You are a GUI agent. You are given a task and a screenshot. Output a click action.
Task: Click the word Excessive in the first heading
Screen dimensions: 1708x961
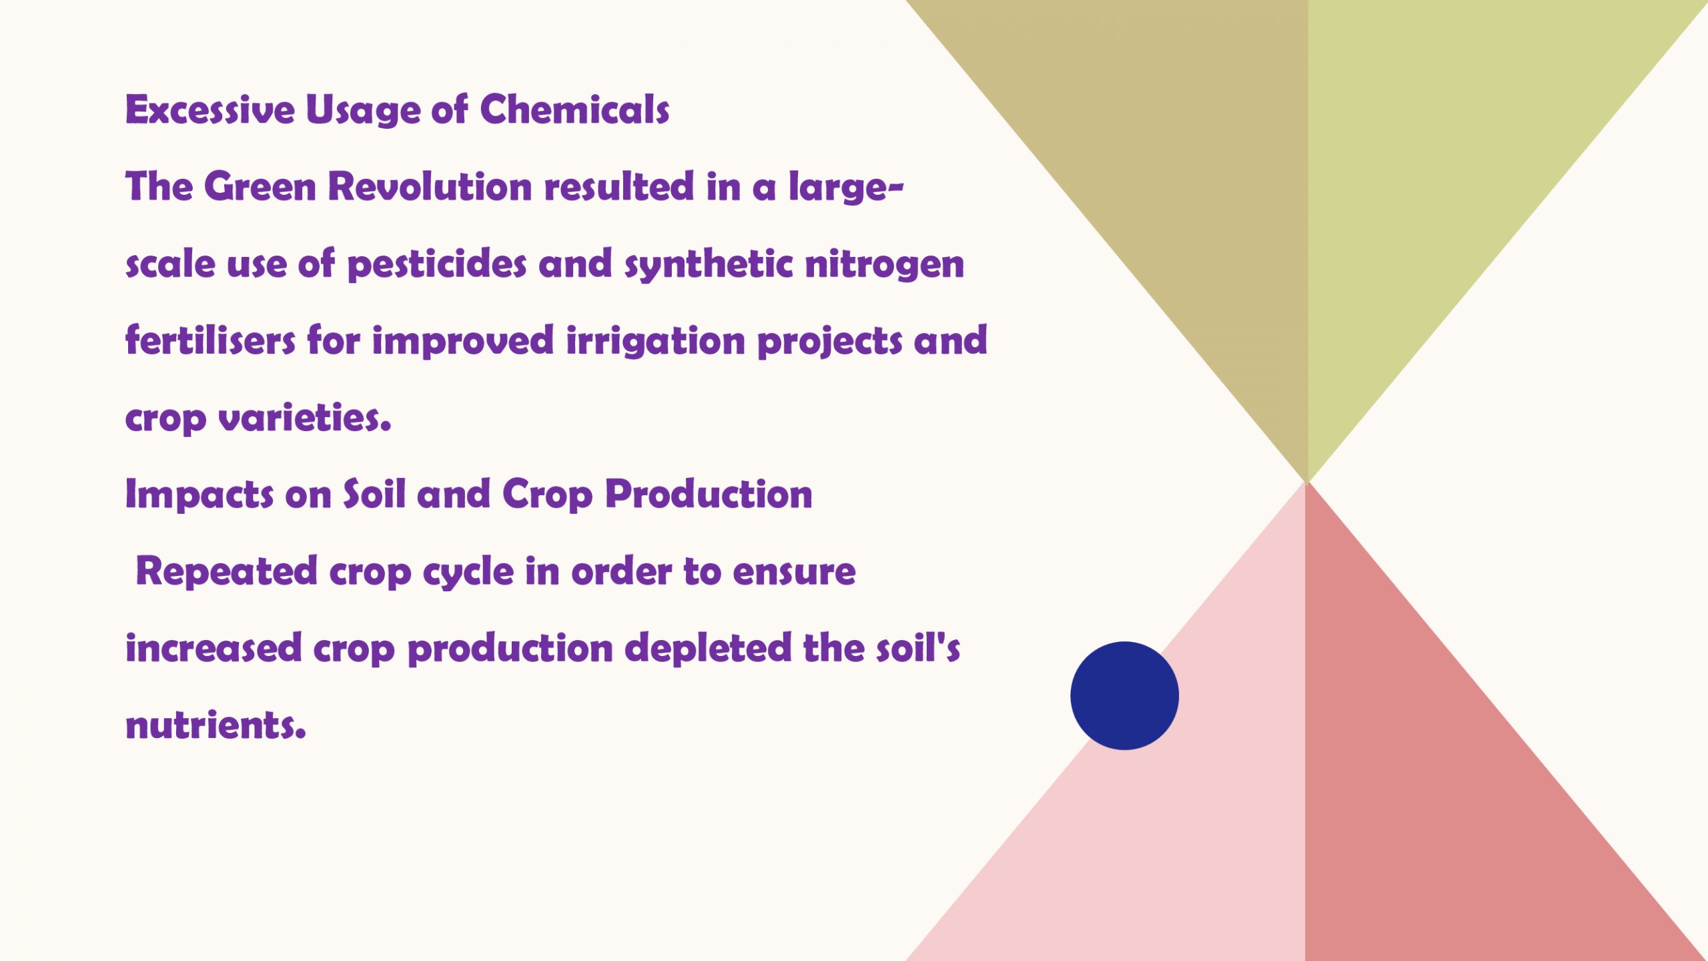[210, 109]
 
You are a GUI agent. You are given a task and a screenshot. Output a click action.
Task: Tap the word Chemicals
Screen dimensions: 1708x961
[574, 109]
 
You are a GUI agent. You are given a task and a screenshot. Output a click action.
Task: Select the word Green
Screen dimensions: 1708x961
[260, 186]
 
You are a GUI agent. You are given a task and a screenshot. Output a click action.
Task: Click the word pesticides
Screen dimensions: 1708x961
[437, 265]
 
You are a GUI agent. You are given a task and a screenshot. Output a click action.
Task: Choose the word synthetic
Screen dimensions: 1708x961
[709, 265]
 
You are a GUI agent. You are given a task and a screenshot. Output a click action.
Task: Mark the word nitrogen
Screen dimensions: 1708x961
[885, 265]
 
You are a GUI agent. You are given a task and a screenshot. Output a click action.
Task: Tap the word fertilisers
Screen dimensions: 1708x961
[210, 340]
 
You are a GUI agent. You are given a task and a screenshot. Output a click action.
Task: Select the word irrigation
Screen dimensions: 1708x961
[655, 342]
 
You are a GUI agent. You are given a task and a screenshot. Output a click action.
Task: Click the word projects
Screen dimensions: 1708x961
[830, 342]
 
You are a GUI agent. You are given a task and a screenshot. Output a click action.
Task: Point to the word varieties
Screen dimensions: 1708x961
[305, 418]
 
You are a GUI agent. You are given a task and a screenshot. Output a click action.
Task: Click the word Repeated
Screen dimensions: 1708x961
[226, 573]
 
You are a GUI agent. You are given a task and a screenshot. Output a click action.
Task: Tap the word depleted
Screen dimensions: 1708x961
[708, 649]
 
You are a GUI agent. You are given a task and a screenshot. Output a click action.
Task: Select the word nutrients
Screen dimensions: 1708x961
[216, 725]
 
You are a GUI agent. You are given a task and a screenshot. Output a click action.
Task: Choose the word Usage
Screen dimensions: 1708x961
[363, 111]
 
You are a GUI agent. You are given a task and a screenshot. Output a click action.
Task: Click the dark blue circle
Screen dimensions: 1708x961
[1124, 695]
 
